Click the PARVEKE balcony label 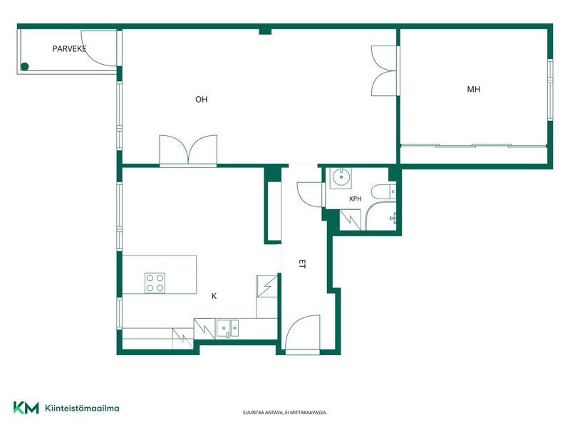69,48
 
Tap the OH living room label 202,100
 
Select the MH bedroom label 473,90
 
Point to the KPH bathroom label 355,199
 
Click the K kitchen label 214,296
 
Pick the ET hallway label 301,264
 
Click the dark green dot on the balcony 25,66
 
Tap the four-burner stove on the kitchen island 155,283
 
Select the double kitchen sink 227,328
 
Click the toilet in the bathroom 383,191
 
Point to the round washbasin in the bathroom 341,177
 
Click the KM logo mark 26,408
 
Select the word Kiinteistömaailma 82,408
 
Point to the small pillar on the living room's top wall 265,31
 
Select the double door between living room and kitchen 188,150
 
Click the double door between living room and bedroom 385,70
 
